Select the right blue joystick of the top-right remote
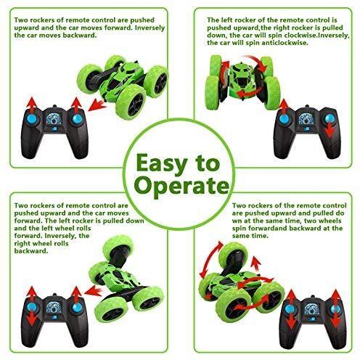[x=330, y=119]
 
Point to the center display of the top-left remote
[x=54, y=119]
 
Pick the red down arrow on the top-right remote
[x=330, y=129]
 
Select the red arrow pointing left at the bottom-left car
[x=94, y=290]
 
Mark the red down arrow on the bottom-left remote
[x=32, y=318]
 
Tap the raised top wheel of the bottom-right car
[x=233, y=255]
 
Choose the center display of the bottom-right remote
[x=311, y=308]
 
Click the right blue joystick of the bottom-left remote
[x=77, y=308]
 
